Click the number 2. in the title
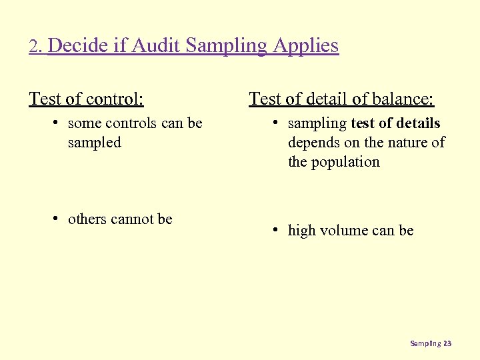point(36,47)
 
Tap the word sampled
point(95,142)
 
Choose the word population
point(347,161)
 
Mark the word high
point(301,231)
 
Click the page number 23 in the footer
point(447,343)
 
